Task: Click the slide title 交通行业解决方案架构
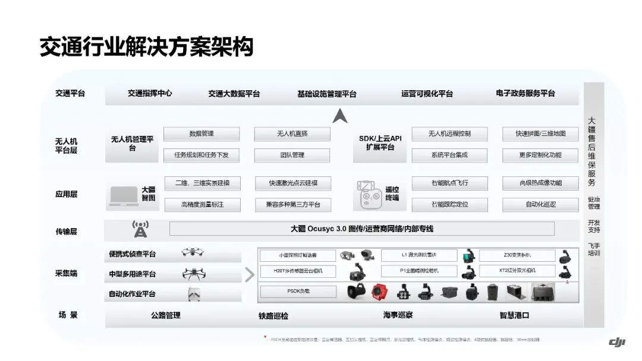[146, 46]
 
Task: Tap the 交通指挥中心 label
[150, 93]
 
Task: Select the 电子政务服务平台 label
[525, 93]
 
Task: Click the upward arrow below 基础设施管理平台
[340, 116]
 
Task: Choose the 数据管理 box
[202, 134]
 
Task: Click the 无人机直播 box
[292, 134]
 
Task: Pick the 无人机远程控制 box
[449, 134]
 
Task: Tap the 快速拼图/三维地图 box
[540, 134]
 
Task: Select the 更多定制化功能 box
[540, 155]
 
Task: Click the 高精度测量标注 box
[202, 205]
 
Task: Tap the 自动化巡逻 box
[540, 205]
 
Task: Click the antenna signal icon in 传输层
[140, 229]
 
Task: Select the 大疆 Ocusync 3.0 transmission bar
[361, 229]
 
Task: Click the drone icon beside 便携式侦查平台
[193, 253]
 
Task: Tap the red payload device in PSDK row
[380, 292]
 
